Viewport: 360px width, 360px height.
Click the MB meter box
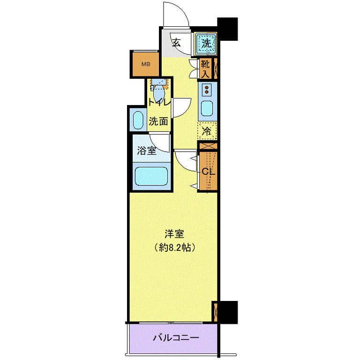pyautogui.click(x=146, y=65)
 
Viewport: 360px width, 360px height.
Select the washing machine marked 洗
pyautogui.click(x=206, y=43)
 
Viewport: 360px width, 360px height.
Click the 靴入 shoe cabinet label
pyautogui.click(x=205, y=69)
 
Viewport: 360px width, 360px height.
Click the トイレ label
pyautogui.click(x=158, y=102)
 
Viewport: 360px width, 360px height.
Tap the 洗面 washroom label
pyautogui.click(x=158, y=121)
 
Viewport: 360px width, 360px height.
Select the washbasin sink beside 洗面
pyautogui.click(x=138, y=121)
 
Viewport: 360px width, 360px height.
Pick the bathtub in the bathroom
pyautogui.click(x=152, y=176)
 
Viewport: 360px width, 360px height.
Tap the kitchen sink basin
pyautogui.click(x=206, y=109)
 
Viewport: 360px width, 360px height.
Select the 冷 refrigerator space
pyautogui.click(x=206, y=132)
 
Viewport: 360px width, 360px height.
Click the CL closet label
pyautogui.click(x=208, y=172)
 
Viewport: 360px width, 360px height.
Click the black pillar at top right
pyautogui.click(x=227, y=28)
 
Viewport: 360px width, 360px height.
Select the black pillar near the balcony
pyautogui.click(x=228, y=312)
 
